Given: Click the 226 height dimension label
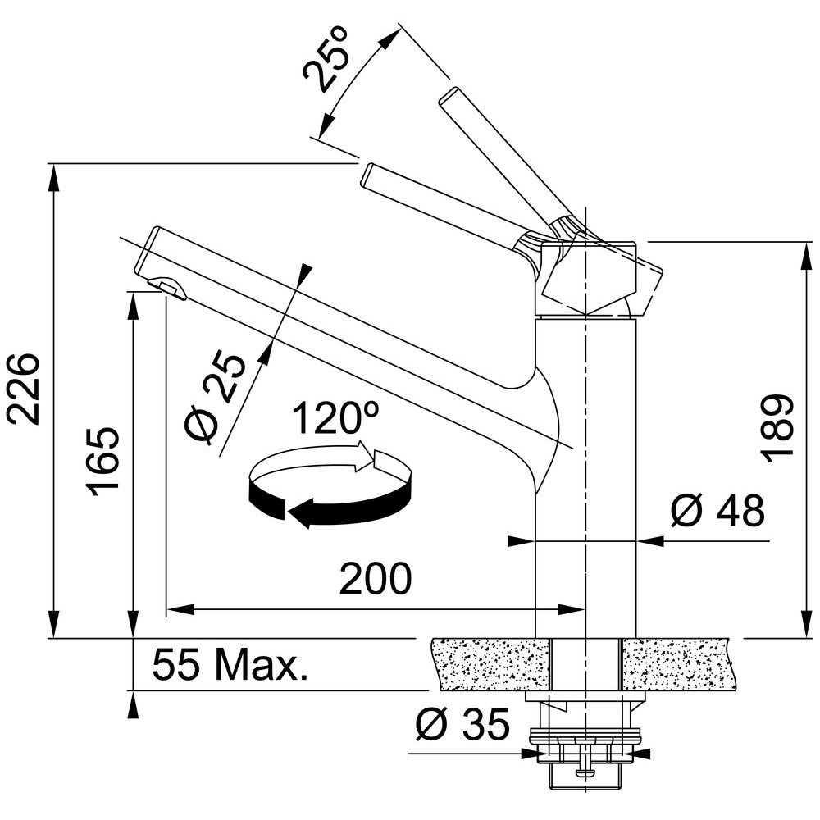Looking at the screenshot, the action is tap(23, 389).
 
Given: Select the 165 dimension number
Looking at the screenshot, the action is tap(103, 462).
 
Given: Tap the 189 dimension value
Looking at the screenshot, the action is tap(777, 428).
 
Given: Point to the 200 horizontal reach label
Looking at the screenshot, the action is tap(376, 578).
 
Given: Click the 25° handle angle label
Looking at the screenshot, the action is tap(325, 61).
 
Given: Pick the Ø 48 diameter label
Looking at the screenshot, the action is tap(717, 510).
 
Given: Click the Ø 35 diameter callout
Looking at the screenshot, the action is tap(462, 724).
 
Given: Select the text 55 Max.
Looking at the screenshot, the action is tap(230, 664).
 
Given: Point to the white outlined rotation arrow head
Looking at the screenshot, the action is tap(366, 455).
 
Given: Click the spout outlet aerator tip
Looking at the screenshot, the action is tap(167, 289).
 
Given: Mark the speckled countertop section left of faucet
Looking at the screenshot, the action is tap(491, 664).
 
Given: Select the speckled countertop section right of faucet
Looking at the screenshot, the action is tap(678, 664).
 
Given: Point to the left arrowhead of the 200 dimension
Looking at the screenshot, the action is tap(180, 609).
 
